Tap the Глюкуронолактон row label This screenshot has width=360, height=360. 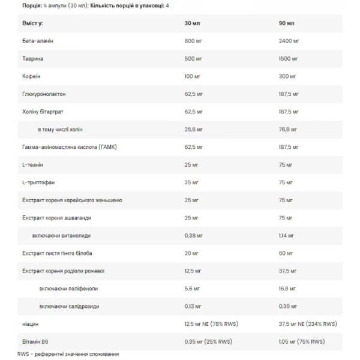pos(42,94)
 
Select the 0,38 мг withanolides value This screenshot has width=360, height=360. pos(195,235)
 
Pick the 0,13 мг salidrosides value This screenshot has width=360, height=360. pos(195,306)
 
